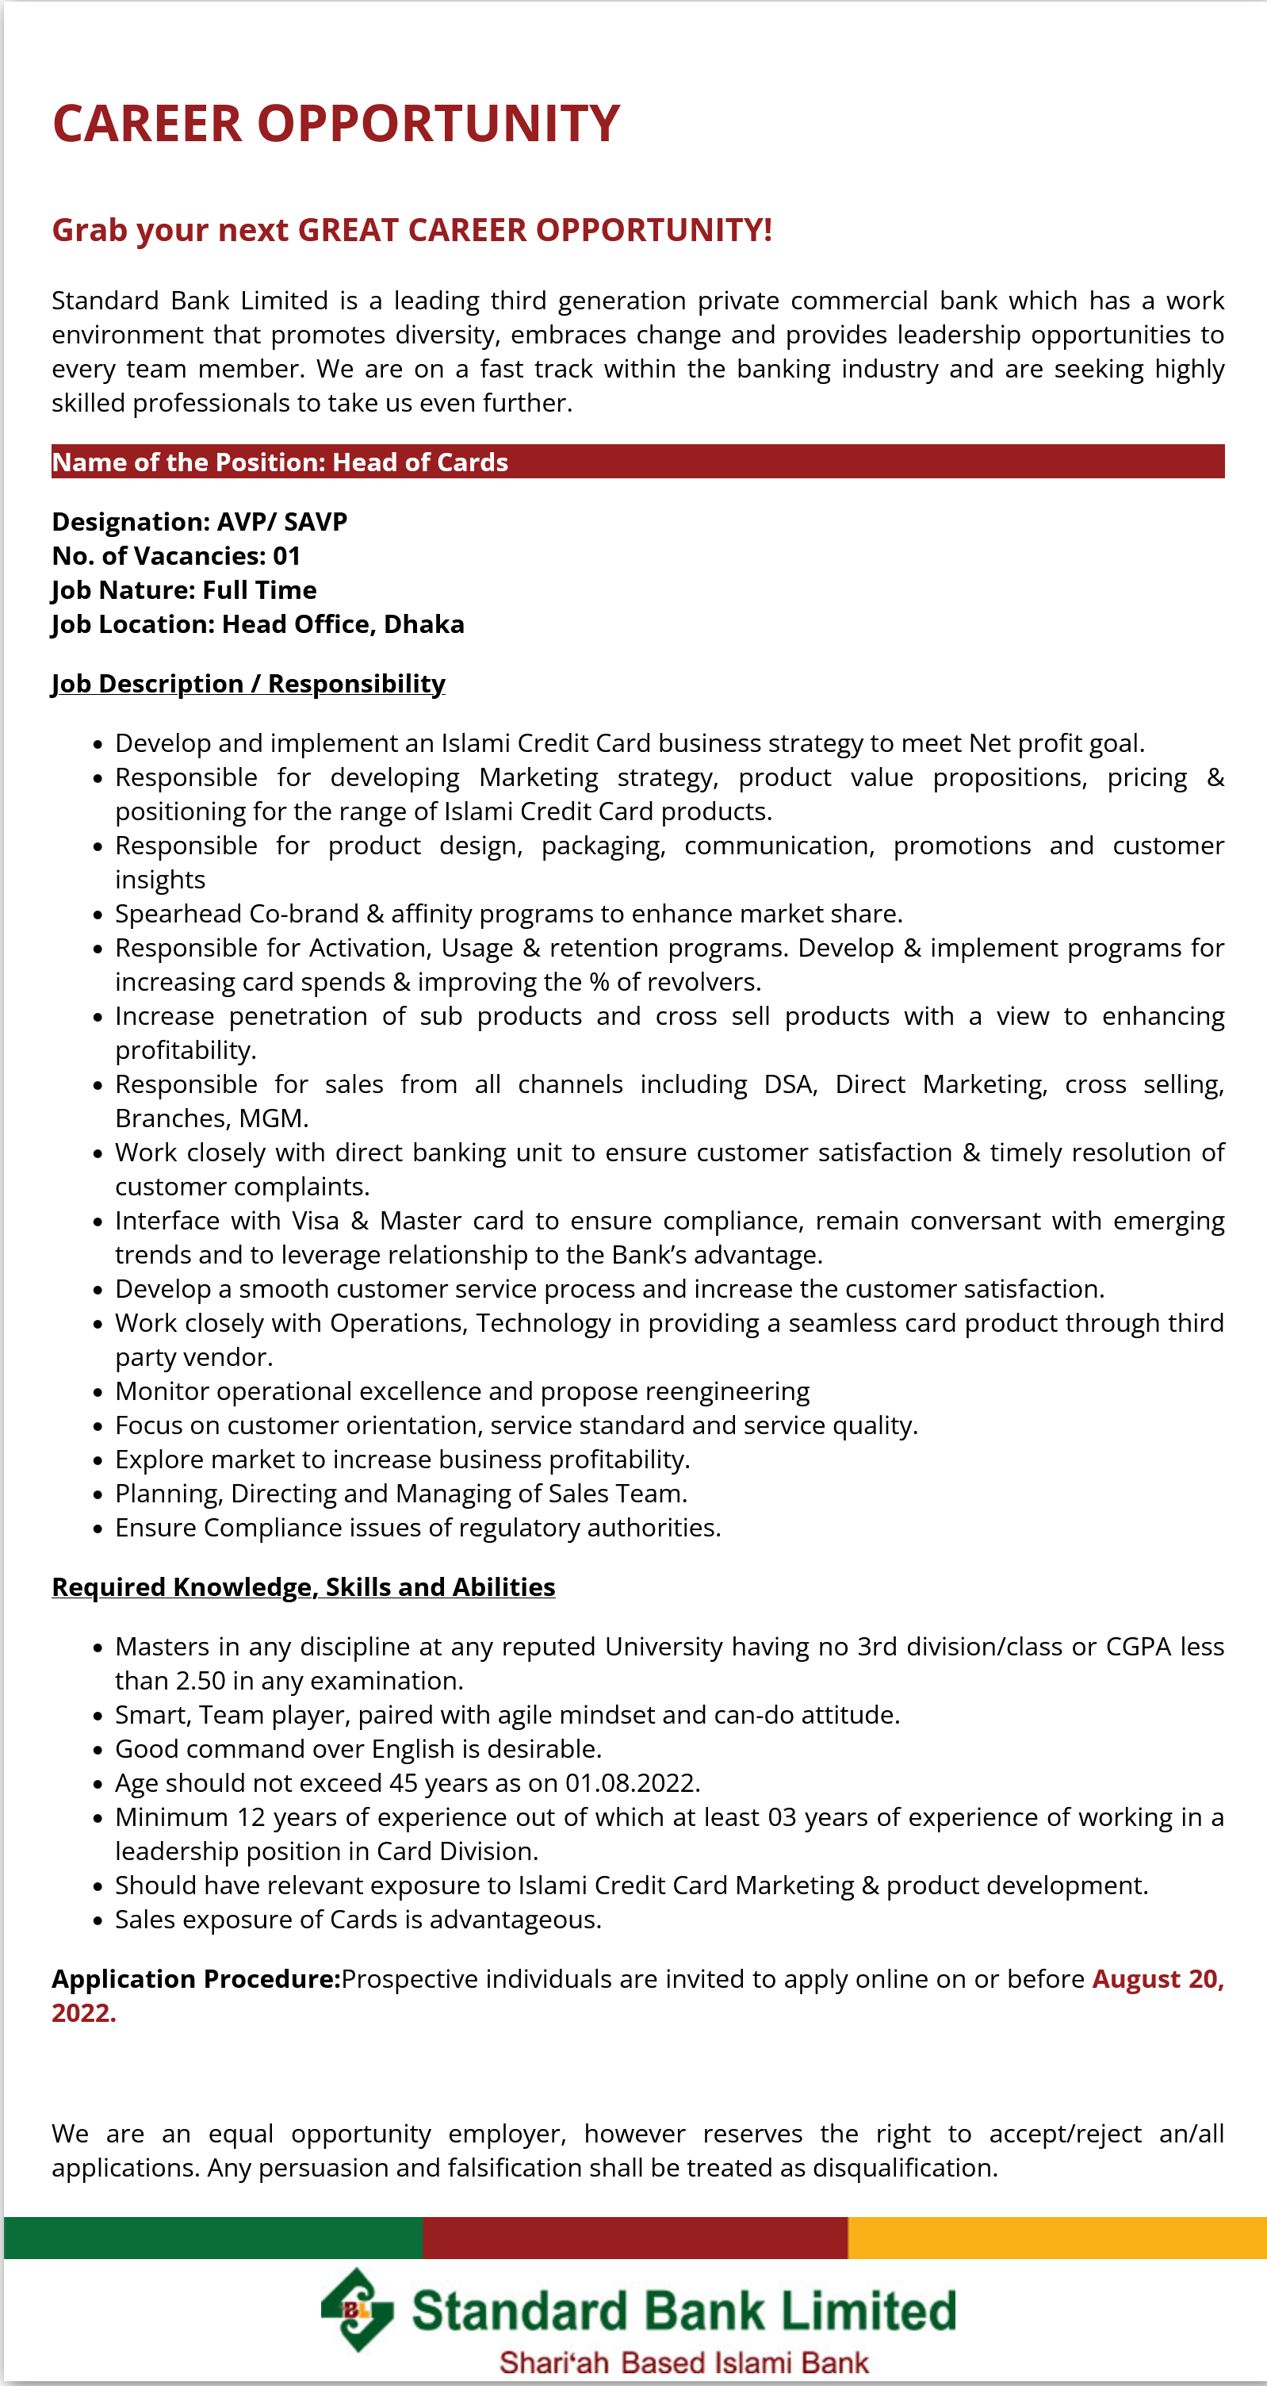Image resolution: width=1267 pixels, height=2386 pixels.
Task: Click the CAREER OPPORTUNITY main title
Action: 335,123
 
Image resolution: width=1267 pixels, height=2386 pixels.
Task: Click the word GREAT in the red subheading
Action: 348,230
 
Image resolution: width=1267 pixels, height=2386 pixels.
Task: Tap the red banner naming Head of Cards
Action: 637,462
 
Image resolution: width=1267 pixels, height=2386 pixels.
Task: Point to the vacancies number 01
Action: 286,556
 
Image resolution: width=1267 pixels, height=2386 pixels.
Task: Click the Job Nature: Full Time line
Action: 183,590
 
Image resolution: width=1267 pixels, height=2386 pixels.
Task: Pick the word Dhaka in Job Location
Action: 423,624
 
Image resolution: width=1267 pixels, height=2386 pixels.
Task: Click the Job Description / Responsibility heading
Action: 248,684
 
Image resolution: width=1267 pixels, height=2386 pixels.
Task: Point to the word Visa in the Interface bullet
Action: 315,1221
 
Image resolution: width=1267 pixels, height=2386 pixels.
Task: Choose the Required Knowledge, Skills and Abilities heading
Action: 303,1586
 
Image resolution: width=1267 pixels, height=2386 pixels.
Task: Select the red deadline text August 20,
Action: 1158,1978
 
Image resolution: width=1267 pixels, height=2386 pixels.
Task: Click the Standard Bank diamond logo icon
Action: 357,2310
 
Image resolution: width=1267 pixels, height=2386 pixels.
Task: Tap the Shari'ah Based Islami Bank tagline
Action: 683,2362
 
